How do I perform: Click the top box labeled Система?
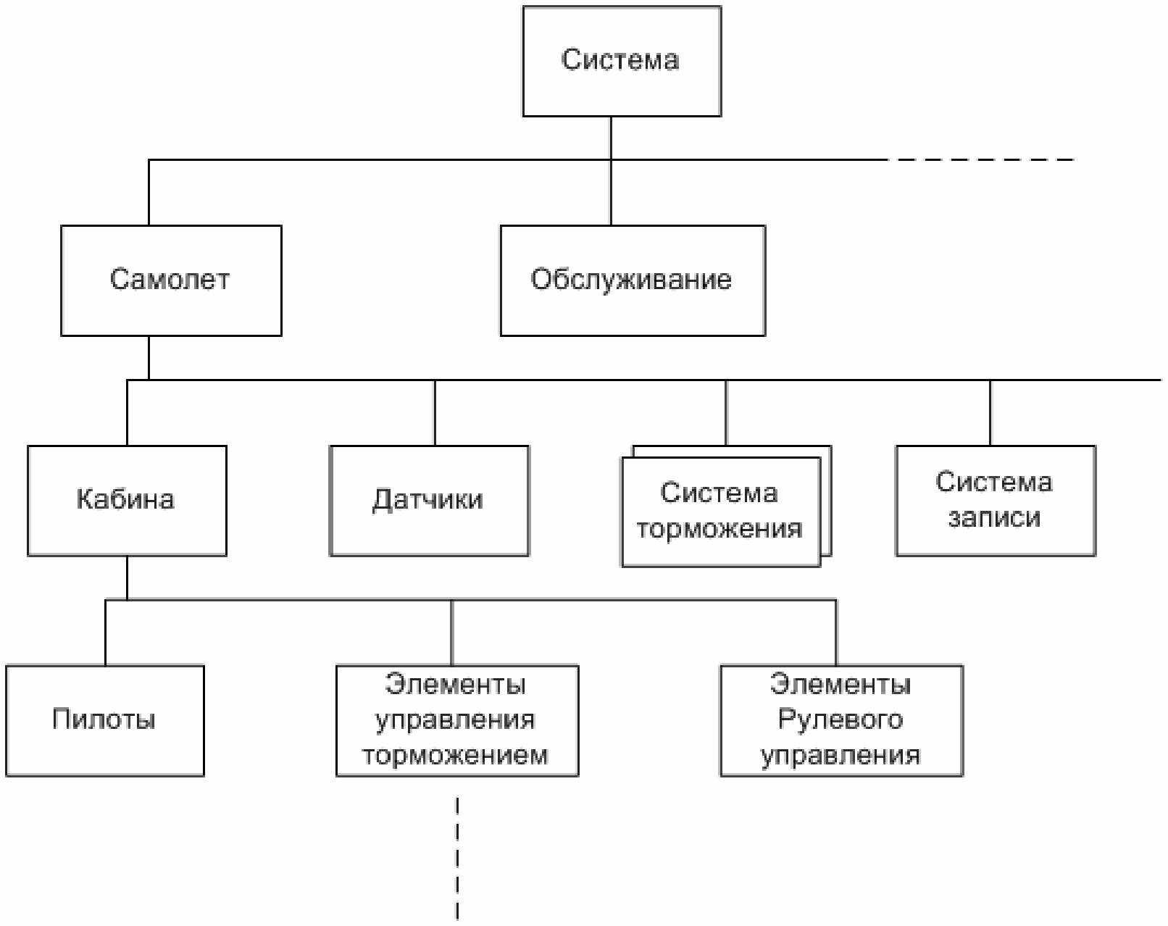622,62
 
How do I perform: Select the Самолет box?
171,280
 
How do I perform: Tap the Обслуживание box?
633,280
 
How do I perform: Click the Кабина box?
127,501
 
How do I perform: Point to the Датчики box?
430,501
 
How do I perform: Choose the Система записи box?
996,501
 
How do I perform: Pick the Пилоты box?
105,721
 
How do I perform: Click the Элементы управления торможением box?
457,721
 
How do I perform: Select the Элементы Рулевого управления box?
842,721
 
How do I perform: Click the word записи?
994,518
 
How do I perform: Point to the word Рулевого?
840,720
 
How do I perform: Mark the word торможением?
455,755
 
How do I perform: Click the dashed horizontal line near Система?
981,160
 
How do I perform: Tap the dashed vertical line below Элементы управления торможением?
457,860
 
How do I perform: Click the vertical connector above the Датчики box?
435,412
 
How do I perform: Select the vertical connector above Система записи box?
990,412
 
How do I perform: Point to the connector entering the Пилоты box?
105,633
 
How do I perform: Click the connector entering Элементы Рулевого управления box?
836,633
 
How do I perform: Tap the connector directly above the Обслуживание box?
611,193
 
